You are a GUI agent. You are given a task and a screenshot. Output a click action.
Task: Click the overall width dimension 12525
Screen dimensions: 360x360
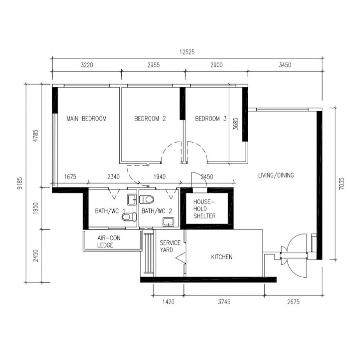(187, 52)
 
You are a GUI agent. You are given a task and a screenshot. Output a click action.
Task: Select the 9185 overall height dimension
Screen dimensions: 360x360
(20, 183)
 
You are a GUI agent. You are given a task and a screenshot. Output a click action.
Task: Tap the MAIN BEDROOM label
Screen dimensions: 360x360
(86, 119)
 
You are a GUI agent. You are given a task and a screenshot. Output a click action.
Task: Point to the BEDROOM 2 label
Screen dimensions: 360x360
(150, 119)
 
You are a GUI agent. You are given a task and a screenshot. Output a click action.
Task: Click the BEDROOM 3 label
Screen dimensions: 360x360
(211, 119)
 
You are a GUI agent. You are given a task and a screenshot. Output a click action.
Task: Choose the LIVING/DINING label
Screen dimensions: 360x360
(276, 176)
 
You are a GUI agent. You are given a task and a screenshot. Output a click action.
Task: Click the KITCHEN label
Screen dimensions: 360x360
(222, 257)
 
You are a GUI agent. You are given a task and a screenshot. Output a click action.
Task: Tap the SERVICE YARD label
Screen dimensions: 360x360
(170, 246)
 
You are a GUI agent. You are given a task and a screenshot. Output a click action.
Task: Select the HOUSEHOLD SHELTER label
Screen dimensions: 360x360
(204, 209)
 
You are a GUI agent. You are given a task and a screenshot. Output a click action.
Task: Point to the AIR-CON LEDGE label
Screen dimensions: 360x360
(109, 241)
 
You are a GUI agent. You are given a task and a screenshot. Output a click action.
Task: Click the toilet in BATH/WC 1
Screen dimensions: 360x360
(129, 217)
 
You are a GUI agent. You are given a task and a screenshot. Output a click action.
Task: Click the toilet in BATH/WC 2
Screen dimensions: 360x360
(147, 199)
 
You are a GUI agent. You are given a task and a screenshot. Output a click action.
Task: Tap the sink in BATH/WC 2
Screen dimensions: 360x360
(168, 222)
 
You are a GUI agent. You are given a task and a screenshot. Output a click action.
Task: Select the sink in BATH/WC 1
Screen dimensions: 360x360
(132, 200)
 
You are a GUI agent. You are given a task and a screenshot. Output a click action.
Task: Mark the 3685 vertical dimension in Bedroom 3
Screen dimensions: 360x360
(236, 124)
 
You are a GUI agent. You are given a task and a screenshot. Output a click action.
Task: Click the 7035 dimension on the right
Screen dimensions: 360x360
(342, 183)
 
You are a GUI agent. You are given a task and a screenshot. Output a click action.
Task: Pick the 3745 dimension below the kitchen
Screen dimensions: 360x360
(224, 301)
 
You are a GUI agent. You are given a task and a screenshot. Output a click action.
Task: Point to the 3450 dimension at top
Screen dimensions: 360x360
(285, 65)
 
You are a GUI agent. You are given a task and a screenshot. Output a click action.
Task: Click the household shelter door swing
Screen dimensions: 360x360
(199, 180)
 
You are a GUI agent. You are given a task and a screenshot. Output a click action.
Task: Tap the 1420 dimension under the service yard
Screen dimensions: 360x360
(168, 301)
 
